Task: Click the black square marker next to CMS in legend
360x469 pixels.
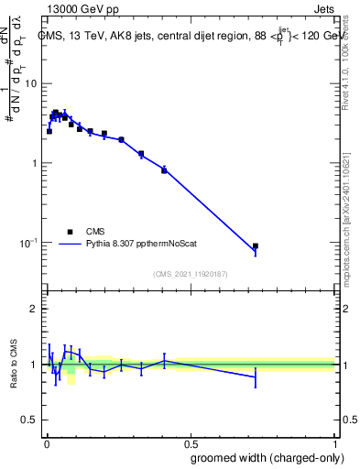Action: (x=69, y=232)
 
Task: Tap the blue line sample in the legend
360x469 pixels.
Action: (x=69, y=245)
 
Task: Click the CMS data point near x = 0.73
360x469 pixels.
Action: (x=256, y=246)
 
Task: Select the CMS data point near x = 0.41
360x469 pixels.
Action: (x=164, y=170)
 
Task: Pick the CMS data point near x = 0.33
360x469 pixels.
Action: (x=141, y=154)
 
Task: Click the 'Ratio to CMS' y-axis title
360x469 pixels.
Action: (x=14, y=365)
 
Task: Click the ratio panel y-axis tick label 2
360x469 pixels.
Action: (x=36, y=309)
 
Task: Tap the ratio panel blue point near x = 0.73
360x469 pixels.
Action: (x=256, y=376)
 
